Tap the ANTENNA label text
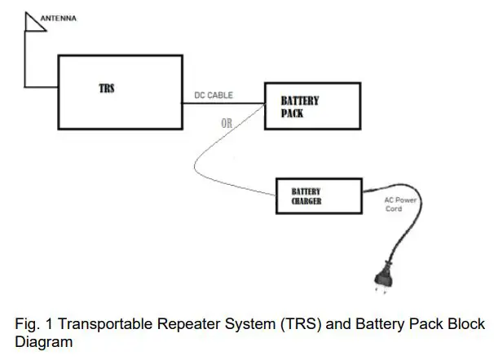point(59,19)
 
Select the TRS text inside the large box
point(107,89)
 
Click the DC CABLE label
point(214,95)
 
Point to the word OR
point(227,123)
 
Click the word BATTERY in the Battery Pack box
point(300,101)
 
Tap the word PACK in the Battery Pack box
point(292,113)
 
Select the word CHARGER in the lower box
point(307,201)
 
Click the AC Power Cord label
point(400,204)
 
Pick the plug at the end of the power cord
point(384,279)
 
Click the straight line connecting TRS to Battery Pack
point(223,103)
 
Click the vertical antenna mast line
point(25,59)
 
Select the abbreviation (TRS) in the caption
point(301,324)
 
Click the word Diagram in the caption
point(44,342)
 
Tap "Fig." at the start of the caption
point(27,324)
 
